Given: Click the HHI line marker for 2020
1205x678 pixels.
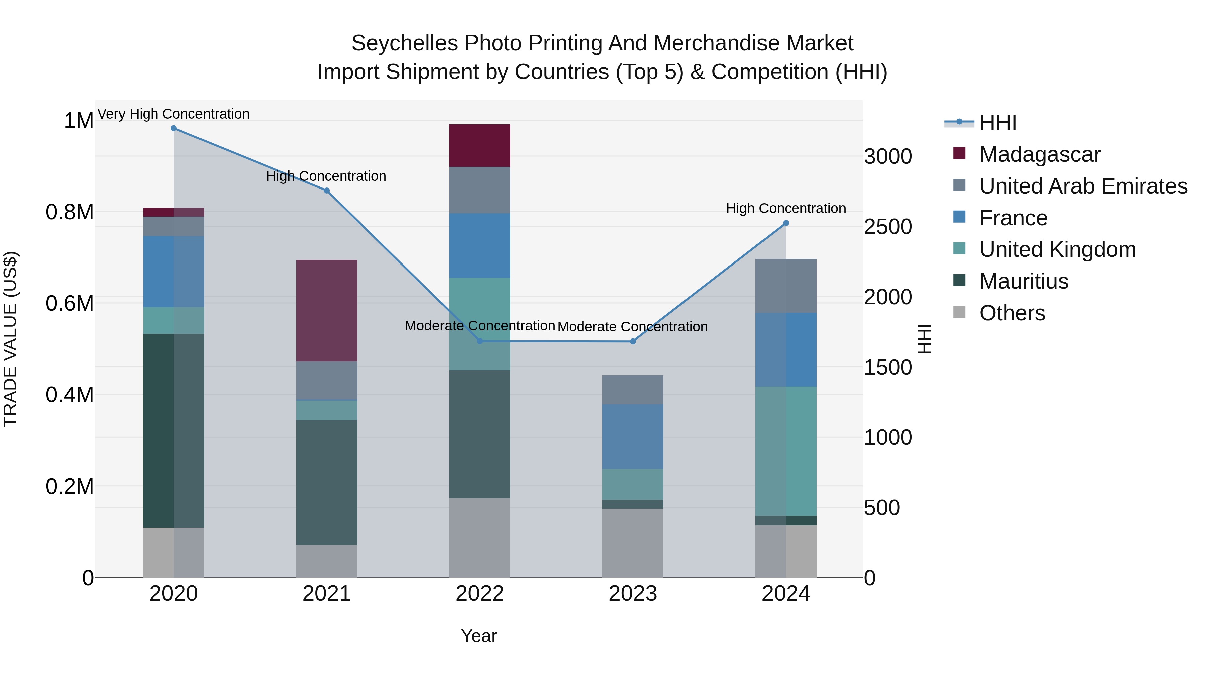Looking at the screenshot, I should (173, 128).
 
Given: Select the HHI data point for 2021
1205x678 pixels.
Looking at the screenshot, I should (326, 191).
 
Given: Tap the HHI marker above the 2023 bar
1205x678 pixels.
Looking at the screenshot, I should (632, 342).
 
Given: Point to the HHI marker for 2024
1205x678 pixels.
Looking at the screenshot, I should (786, 223).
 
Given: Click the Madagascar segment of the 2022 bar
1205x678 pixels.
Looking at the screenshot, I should (479, 146).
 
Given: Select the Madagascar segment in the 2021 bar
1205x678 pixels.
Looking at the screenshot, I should (326, 310).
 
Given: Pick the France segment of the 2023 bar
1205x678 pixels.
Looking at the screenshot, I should (632, 437).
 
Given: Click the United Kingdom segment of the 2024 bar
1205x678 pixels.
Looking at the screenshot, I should (786, 451).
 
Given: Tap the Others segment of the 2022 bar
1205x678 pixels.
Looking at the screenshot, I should (479, 538).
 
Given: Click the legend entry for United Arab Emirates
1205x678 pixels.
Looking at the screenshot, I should (1083, 186).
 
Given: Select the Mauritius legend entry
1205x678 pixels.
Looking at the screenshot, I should (1024, 281).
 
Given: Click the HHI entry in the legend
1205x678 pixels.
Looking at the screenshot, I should (997, 123).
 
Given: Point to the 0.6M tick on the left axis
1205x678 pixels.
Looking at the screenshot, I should (70, 303).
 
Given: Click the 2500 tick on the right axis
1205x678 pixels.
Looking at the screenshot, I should (887, 227).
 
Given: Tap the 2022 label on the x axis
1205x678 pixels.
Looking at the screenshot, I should (479, 594).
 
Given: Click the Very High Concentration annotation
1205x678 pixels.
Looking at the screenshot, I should (173, 114).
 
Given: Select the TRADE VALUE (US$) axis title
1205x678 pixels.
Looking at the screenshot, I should (10, 339).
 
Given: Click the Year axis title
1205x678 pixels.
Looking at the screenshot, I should (479, 636).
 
